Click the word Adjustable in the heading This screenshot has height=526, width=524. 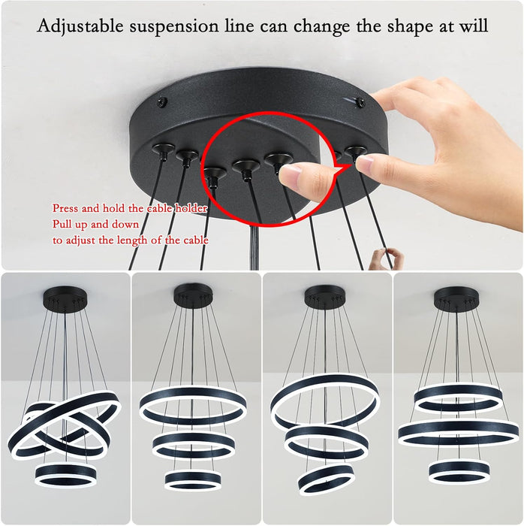coord(80,26)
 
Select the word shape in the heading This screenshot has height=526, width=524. coord(405,26)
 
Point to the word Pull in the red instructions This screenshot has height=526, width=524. coord(62,225)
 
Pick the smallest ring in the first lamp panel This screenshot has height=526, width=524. coord(66,473)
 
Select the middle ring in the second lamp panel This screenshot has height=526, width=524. coord(194,444)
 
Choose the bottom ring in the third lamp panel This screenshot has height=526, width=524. coord(325,479)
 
